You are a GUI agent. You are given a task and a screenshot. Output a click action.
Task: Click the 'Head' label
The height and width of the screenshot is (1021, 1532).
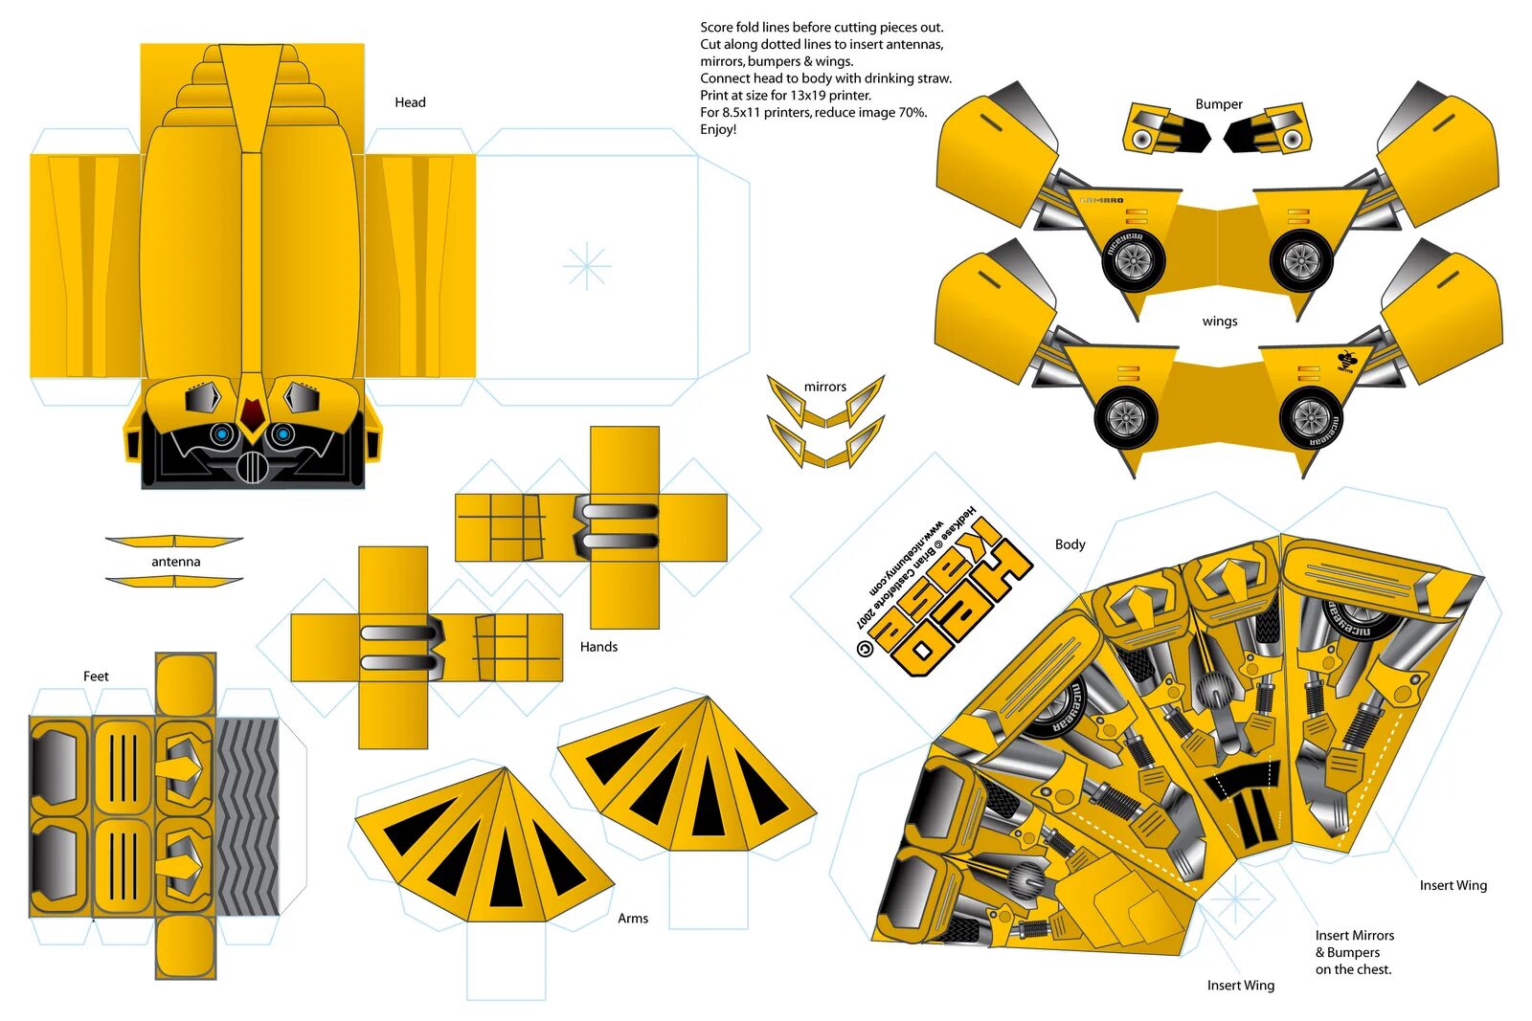(x=410, y=102)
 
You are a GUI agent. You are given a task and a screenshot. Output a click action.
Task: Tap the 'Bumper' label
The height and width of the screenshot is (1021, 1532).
(x=1218, y=104)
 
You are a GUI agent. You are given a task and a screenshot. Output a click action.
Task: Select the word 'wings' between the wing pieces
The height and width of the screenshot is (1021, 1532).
(x=1219, y=322)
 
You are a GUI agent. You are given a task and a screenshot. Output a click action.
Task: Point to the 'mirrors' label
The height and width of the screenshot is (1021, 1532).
(x=824, y=387)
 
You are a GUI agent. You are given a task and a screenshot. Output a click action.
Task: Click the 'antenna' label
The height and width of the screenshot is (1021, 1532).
(x=175, y=562)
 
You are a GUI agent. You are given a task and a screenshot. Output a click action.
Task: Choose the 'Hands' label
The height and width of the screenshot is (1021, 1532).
(x=598, y=647)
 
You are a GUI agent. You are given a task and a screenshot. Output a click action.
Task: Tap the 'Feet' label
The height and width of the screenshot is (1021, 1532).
(x=96, y=677)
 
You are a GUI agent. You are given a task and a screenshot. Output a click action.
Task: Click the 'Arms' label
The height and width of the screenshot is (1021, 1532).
(x=632, y=919)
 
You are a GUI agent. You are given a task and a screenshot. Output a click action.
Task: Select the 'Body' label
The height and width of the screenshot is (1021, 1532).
(x=1070, y=544)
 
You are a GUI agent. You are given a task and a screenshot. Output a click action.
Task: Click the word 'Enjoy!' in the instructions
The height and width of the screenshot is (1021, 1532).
(x=718, y=129)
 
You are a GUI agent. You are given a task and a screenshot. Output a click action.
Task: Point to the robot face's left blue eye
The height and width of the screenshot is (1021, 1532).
(x=222, y=435)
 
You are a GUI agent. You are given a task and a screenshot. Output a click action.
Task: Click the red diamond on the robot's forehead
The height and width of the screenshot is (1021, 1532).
(x=252, y=413)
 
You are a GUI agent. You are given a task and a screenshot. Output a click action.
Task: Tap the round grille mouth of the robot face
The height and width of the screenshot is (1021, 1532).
(x=252, y=467)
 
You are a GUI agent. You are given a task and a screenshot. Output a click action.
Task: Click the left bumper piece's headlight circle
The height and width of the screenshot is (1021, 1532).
(x=1141, y=140)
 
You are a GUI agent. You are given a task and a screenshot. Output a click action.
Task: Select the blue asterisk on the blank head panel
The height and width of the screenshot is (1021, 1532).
(x=587, y=266)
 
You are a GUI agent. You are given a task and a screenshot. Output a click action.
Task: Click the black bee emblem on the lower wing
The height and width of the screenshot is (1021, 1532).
(x=1345, y=362)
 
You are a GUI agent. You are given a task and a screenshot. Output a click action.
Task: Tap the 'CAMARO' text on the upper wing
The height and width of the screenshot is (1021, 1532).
(x=1101, y=201)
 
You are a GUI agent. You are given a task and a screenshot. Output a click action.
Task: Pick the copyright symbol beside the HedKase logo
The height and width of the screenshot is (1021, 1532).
(x=865, y=649)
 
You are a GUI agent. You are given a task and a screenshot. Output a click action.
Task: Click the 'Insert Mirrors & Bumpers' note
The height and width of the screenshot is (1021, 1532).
(x=1353, y=952)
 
